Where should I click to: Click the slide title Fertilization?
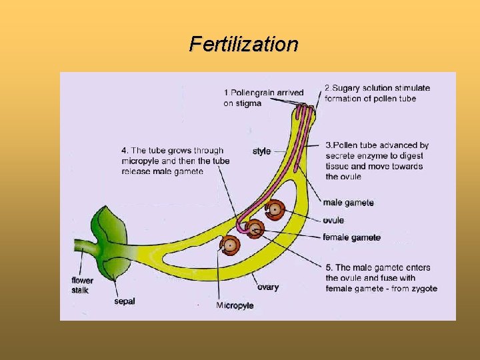click(243, 45)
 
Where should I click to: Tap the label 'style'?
click(261, 151)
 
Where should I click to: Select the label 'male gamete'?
click(348, 203)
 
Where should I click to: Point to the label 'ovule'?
click(333, 220)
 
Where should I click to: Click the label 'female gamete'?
click(351, 237)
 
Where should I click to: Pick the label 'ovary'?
click(268, 287)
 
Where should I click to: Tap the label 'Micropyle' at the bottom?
click(234, 305)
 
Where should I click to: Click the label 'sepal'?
click(124, 301)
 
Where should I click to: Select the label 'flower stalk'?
click(82, 285)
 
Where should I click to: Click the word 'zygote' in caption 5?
click(423, 288)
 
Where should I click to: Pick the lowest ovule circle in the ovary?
click(230, 245)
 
